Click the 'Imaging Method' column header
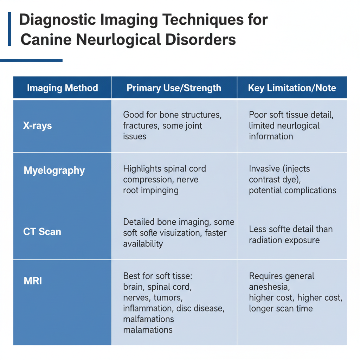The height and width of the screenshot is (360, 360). point(62,88)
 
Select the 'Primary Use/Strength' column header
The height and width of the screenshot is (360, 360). point(174,88)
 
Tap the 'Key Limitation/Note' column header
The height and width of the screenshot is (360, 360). point(292,88)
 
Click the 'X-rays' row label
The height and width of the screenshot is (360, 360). point(37,126)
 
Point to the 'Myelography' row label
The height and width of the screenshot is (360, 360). point(54,171)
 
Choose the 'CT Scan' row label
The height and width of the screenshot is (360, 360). point(42,232)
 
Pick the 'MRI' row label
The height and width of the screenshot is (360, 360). point(33,281)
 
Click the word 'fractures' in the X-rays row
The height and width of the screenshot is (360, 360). point(139,126)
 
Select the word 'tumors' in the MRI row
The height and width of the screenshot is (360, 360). point(168,298)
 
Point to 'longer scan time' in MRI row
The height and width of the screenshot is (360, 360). point(281,309)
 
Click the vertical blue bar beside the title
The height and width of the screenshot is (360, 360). point(9,29)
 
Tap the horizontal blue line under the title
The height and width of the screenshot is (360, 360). point(31,60)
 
